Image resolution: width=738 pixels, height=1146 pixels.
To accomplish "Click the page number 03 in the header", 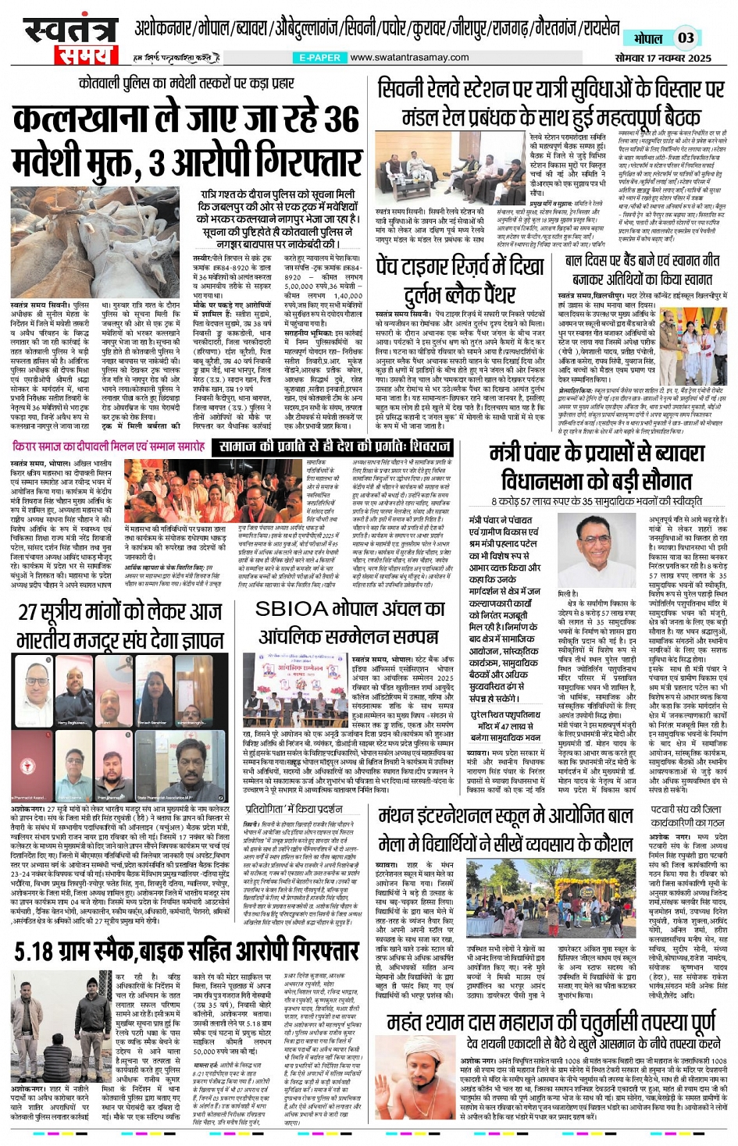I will [685, 37].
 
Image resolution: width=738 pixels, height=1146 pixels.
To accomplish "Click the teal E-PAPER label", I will [319, 58].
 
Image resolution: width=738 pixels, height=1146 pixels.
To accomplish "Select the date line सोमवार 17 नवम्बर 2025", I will [662, 58].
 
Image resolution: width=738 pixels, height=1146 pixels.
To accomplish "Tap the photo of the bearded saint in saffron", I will [422, 1080].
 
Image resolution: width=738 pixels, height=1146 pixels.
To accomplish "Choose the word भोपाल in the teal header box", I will [648, 37].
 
